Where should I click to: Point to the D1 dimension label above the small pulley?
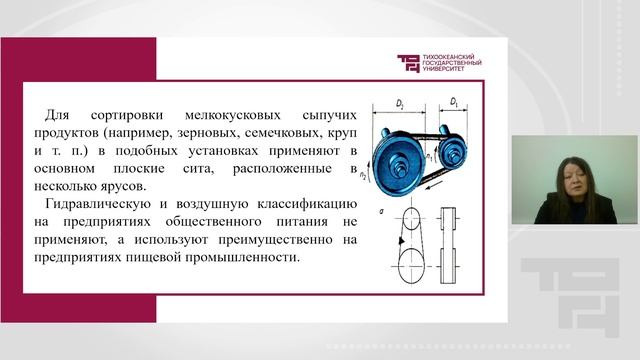(x=454, y=101)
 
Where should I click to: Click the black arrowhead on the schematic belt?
(x=402, y=243)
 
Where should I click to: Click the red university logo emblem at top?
(x=410, y=64)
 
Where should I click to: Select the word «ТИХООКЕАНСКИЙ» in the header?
(x=451, y=57)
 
